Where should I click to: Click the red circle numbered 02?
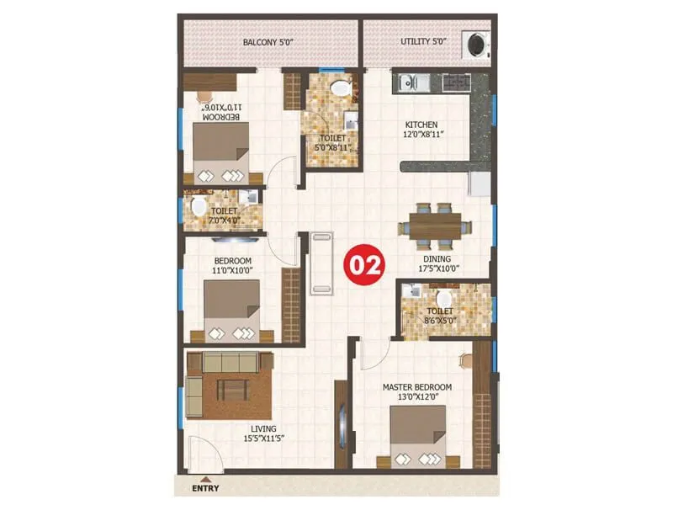click(x=365, y=265)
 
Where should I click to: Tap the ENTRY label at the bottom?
click(x=206, y=488)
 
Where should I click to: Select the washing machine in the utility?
click(x=476, y=43)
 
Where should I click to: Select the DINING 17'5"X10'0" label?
click(x=437, y=264)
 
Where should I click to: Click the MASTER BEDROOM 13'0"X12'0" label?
click(x=417, y=393)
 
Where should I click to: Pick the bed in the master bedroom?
click(x=418, y=436)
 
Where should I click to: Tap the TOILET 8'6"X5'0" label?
click(x=440, y=316)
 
